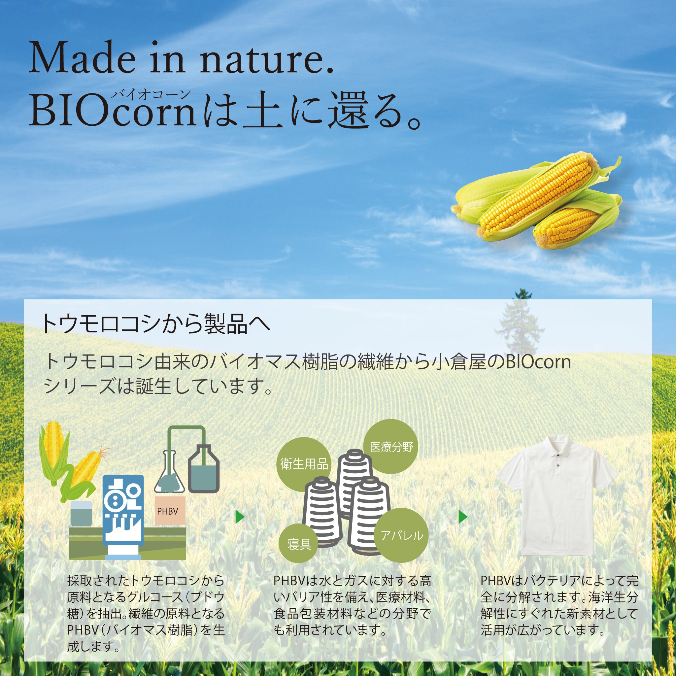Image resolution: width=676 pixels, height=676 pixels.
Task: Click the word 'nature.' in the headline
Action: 266,58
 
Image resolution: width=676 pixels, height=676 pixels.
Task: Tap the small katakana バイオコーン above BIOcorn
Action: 151,94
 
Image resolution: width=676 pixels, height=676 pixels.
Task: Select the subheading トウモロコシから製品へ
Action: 156,323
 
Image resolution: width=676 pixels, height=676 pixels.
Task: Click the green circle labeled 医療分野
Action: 391,447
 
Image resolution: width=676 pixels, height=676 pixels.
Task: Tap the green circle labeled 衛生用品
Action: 304,464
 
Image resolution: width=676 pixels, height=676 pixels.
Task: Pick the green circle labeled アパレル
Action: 402,535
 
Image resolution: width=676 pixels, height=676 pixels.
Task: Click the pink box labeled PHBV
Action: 170,512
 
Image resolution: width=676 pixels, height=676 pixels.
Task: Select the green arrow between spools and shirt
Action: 462,517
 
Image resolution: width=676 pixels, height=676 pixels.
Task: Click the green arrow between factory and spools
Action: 240,517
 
